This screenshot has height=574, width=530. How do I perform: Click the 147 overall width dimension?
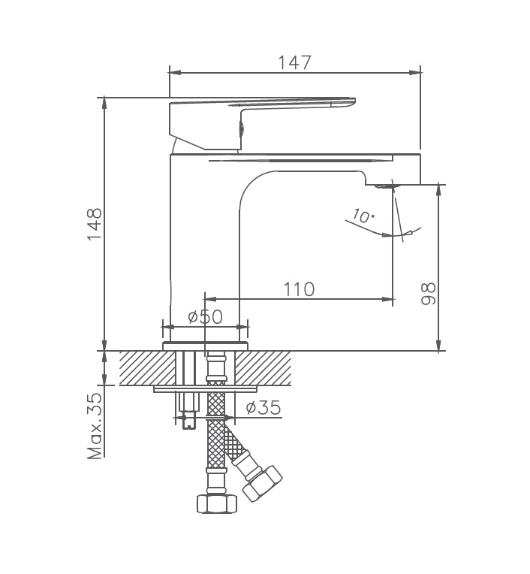[x=294, y=62]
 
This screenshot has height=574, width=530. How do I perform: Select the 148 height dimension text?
[x=94, y=223]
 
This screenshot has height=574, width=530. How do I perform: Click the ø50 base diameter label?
[x=205, y=316]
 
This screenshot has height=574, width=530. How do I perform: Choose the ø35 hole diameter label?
[x=263, y=407]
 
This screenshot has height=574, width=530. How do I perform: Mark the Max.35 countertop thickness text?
[x=95, y=426]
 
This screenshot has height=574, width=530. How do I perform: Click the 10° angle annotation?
[x=363, y=216]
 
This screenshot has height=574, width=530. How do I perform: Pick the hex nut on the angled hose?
[x=263, y=482]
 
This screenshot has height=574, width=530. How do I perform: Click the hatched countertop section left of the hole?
[x=147, y=367]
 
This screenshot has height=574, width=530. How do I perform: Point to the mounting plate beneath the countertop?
[x=205, y=389]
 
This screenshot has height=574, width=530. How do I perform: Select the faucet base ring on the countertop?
[x=205, y=346]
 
